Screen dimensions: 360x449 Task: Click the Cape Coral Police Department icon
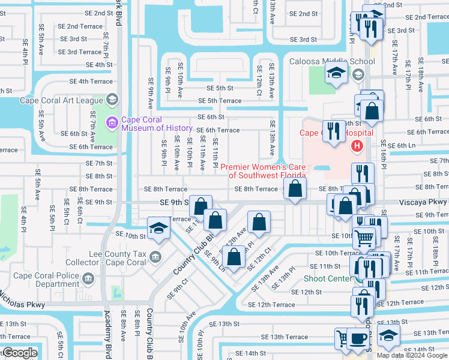click(88, 278)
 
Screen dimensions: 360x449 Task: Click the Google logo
click(19, 353)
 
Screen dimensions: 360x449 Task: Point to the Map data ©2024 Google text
click(412, 355)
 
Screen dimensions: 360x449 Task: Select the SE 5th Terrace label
click(219, 101)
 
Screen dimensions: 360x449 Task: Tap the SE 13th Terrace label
click(288, 337)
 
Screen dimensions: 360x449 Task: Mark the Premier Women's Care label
click(263, 171)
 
